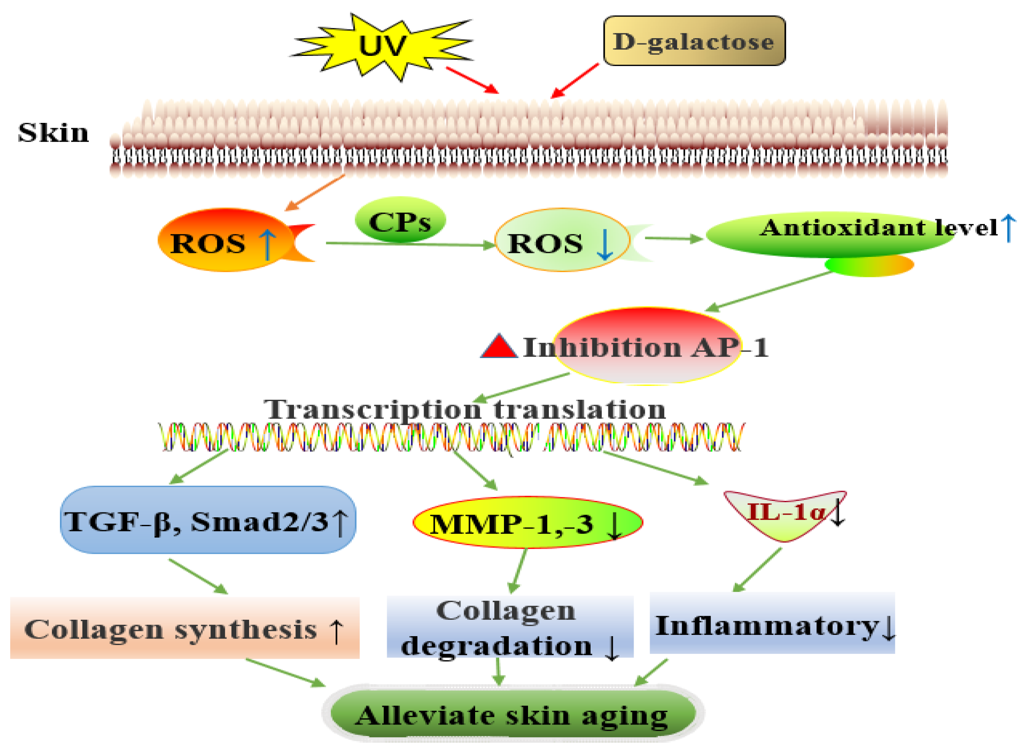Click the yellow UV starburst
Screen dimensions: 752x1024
[x=382, y=47]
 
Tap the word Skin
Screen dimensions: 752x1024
[x=53, y=133]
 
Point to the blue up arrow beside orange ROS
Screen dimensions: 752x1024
[x=267, y=244]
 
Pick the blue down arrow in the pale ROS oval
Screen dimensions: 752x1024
[x=604, y=244]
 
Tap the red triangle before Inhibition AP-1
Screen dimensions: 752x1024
[x=499, y=347]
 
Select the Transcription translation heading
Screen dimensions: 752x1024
[x=464, y=409]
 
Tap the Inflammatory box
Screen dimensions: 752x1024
[x=772, y=624]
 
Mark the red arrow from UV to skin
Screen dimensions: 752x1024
[x=472, y=80]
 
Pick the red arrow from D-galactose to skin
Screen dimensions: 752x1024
[x=575, y=81]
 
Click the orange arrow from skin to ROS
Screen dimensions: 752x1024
[x=315, y=193]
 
